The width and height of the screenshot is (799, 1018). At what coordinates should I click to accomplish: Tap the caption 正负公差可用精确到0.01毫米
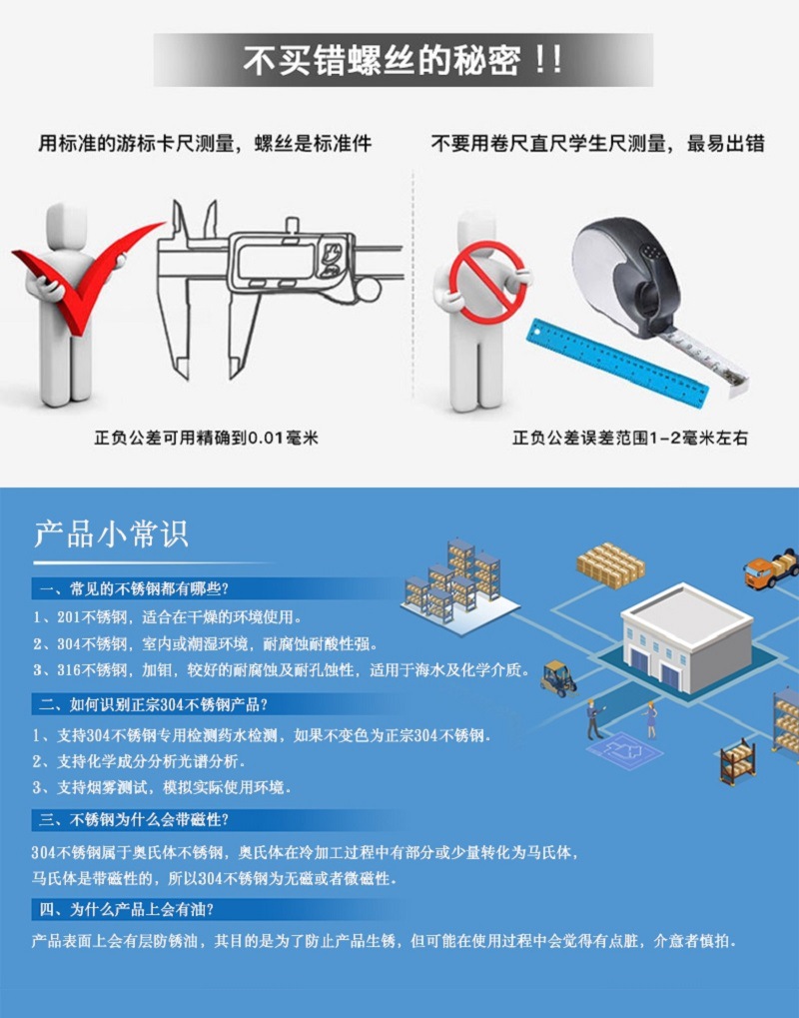206,438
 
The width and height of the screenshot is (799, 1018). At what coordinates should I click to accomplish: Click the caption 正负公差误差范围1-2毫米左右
630,438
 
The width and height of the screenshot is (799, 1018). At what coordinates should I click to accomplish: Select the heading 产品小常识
111,533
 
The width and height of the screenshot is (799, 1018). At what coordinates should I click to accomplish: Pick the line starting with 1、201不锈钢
166,615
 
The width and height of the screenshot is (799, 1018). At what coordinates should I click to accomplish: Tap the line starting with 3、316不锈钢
280,669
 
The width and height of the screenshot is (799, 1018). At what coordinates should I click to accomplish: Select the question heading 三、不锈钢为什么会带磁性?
135,820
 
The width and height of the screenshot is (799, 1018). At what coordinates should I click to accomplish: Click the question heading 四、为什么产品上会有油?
126,909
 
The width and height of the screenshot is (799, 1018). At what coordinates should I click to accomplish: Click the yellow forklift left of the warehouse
558,677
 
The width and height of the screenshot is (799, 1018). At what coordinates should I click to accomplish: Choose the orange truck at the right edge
771,568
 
